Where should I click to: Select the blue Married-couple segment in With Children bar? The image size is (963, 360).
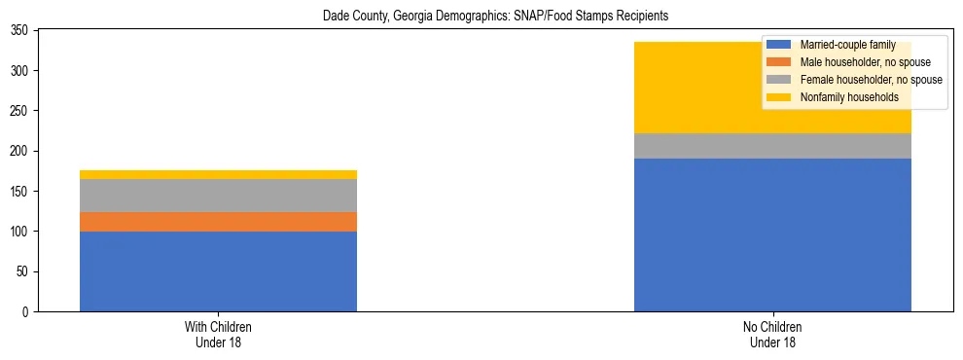tap(218, 271)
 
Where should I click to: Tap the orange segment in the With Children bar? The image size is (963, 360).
tap(218, 222)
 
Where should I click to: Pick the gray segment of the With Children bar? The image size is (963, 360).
tap(218, 196)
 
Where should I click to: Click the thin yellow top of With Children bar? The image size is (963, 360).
tap(218, 174)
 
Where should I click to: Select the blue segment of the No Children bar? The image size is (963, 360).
tap(772, 234)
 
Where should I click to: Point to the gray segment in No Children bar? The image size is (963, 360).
tap(772, 146)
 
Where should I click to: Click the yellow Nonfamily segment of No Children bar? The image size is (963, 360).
tap(681, 88)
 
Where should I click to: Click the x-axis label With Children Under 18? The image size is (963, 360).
tap(218, 334)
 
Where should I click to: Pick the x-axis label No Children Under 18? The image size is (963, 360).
tap(772, 334)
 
